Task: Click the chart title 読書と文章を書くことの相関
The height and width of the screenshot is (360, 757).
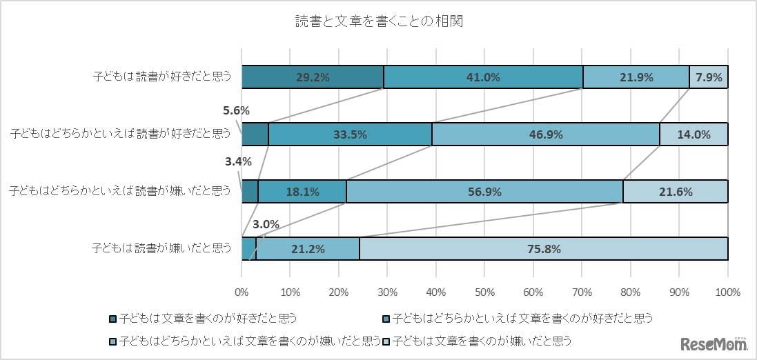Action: [x=378, y=21]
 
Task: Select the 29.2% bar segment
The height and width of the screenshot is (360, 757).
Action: [x=313, y=78]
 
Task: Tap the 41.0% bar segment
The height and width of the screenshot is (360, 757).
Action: [x=483, y=78]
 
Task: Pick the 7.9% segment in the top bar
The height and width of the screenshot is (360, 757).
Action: [x=709, y=78]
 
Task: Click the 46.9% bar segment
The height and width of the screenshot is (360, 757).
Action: [x=545, y=134]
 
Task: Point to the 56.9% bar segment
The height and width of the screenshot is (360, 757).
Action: [x=484, y=192]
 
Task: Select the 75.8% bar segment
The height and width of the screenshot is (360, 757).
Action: [x=543, y=249]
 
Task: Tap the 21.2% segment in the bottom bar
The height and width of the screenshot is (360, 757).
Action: [x=308, y=249]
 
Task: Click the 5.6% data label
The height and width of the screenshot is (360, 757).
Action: [x=236, y=110]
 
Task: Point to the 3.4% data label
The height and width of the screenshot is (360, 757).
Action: [x=237, y=162]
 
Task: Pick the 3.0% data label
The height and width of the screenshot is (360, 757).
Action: [x=266, y=224]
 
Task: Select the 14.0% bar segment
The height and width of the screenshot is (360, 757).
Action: [x=694, y=134]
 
